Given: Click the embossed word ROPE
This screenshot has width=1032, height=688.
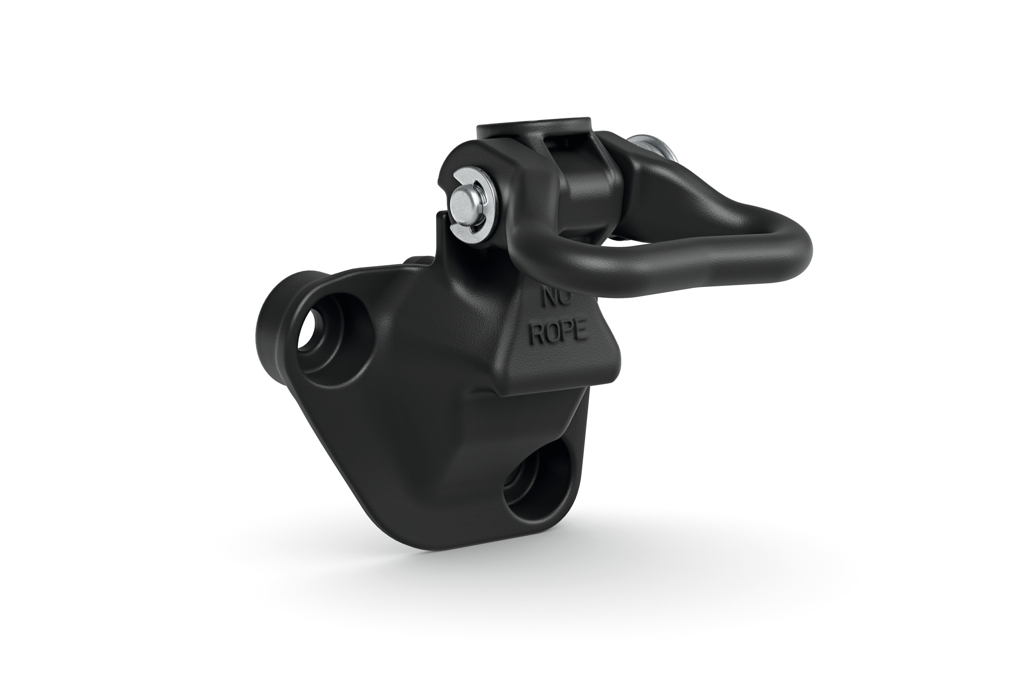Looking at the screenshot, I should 557,332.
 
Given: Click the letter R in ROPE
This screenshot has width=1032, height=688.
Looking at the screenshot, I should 536,334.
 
